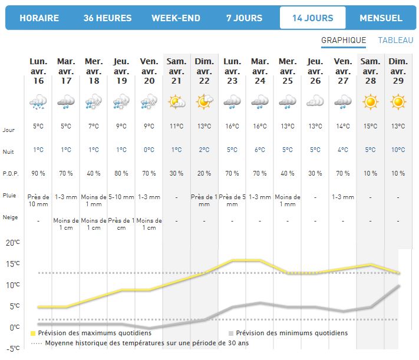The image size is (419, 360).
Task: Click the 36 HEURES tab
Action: pyautogui.click(x=107, y=18)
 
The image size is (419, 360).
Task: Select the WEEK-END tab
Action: pyautogui.click(x=176, y=18)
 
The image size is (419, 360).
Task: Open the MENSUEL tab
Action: pyautogui.click(x=381, y=18)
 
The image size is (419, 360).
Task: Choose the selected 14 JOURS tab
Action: pyautogui.click(x=312, y=18)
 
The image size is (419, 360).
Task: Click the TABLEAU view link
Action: pyautogui.click(x=396, y=41)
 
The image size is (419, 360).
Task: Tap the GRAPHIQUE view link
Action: pyautogui.click(x=344, y=41)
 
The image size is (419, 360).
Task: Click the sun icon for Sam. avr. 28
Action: pyautogui.click(x=370, y=102)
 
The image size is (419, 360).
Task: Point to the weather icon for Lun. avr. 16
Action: pyautogui.click(x=38, y=103)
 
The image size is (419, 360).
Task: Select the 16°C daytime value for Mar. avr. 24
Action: pyautogui.click(x=259, y=126)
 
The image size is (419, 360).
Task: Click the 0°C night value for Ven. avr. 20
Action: pyautogui.click(x=149, y=150)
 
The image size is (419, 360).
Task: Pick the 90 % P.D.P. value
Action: pyautogui.click(x=38, y=174)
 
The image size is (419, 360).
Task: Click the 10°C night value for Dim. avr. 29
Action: pyautogui.click(x=398, y=150)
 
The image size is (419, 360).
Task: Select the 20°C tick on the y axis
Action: pyautogui.click(x=12, y=242)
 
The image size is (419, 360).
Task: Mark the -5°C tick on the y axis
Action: pyautogui.click(x=12, y=348)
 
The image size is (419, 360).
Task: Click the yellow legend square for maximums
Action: pyautogui.click(x=33, y=333)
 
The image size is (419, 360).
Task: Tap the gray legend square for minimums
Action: pyautogui.click(x=231, y=333)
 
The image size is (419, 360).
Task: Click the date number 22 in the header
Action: pyautogui.click(x=204, y=81)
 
